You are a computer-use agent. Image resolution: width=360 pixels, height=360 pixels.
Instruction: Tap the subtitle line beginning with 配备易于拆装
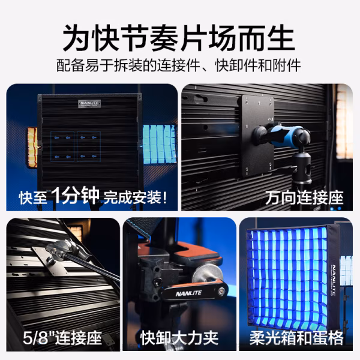[179, 65]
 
